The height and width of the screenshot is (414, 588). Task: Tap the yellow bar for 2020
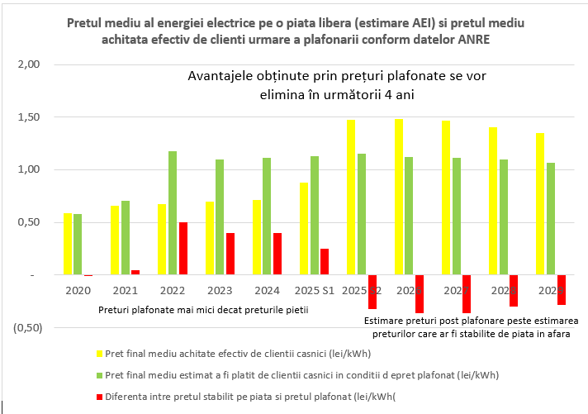point(69,244)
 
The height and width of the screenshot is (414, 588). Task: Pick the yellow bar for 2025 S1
point(304,229)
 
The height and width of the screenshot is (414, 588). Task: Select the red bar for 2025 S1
point(325,262)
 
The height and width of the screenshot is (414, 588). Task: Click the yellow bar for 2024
point(257,237)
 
